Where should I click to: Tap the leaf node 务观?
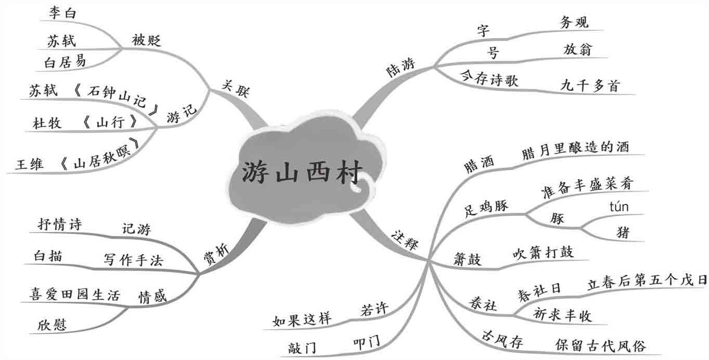tap(574, 22)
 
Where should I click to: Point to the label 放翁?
tap(577, 49)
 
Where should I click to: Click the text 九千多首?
tap(590, 85)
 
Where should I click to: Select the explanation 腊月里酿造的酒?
tap(575, 147)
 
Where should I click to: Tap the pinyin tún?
tap(618, 207)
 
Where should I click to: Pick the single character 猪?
tap(622, 232)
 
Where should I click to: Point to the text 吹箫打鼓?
tap(543, 253)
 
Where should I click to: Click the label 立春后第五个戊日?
tap(647, 281)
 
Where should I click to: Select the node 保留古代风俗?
tap(600, 345)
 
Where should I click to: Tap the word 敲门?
tap(302, 348)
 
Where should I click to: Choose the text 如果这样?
tap(302, 319)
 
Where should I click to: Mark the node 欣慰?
tap(51, 325)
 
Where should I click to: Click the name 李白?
tap(62, 13)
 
